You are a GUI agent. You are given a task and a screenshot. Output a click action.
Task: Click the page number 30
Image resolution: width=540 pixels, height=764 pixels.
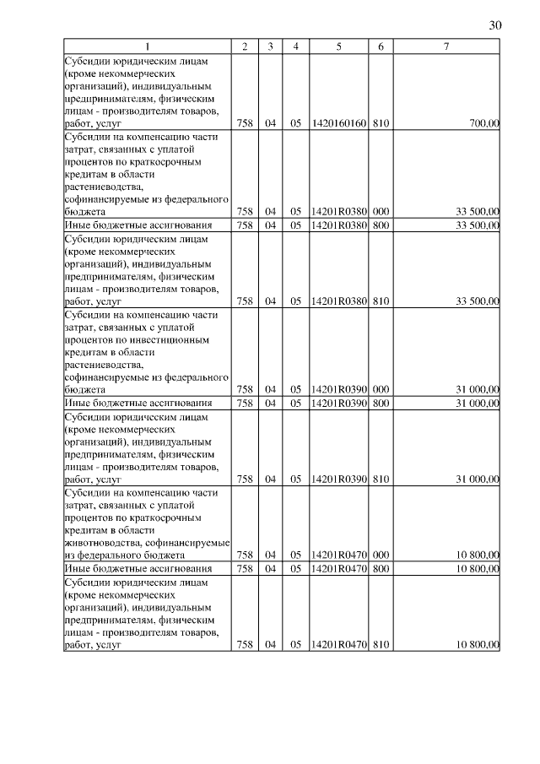tap(495, 25)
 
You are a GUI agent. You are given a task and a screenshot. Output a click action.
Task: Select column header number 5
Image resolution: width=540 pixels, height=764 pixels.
tap(338, 47)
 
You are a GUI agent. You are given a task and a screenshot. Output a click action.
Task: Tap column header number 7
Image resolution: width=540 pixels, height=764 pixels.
tap(446, 47)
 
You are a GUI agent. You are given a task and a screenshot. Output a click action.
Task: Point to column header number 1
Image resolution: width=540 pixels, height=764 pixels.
tap(148, 47)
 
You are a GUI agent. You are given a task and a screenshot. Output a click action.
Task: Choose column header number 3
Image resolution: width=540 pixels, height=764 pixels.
tap(270, 47)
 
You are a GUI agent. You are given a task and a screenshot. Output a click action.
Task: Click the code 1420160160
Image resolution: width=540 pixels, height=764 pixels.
tap(338, 123)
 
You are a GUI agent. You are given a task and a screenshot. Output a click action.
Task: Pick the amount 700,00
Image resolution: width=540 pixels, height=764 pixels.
tap(484, 123)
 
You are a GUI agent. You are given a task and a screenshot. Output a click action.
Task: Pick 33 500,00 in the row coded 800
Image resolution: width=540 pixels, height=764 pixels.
tap(478, 225)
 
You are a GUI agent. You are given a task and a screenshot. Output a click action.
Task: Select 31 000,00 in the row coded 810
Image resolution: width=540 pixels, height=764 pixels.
tap(478, 479)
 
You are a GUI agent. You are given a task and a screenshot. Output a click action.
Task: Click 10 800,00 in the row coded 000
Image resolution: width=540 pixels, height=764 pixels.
tap(478, 555)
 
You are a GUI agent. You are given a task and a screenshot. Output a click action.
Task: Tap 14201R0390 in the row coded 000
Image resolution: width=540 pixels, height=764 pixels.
tap(338, 389)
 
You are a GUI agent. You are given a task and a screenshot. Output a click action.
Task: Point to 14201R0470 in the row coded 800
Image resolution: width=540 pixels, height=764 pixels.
tap(338, 568)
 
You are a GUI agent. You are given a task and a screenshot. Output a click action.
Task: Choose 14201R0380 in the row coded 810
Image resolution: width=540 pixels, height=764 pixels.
tap(338, 301)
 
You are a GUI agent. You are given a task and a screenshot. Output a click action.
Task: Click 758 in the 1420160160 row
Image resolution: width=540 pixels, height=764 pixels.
tap(245, 123)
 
